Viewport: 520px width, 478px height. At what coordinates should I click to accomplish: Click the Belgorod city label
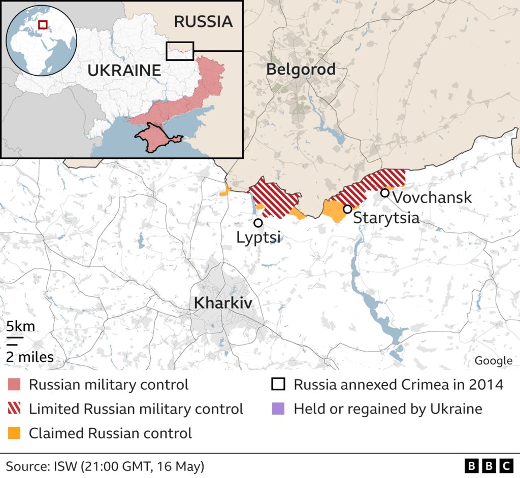click(301, 70)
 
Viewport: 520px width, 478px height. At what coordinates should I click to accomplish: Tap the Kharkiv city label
click(223, 303)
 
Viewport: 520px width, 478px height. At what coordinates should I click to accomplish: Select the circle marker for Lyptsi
click(258, 223)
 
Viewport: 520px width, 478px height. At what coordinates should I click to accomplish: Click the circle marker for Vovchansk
click(385, 193)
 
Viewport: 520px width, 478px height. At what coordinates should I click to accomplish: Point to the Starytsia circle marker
click(347, 209)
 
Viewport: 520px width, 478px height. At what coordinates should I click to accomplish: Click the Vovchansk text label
click(432, 197)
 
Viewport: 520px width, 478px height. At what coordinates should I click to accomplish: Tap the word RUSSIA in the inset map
click(203, 21)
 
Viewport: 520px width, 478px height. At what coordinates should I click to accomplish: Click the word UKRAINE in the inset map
click(124, 70)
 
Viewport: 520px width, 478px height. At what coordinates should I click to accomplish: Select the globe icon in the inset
click(41, 40)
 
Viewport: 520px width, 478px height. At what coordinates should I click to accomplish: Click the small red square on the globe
click(43, 24)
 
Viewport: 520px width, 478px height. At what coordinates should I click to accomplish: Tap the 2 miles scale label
click(29, 357)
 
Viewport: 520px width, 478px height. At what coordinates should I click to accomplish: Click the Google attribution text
click(493, 361)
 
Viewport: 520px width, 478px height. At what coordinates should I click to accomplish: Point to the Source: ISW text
click(105, 466)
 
